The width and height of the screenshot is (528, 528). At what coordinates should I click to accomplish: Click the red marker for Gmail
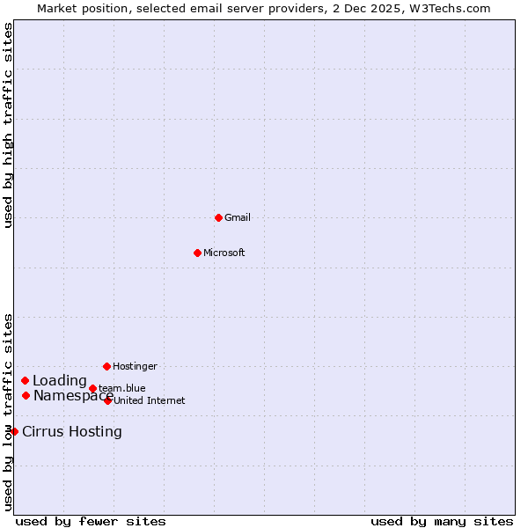point(218,217)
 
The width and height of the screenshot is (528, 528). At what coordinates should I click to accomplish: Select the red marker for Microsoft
point(197,253)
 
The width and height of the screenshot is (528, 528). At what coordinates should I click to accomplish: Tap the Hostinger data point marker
point(106,366)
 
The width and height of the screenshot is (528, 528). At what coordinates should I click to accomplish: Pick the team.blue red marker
point(92,388)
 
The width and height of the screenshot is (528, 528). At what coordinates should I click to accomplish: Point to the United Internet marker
point(107,400)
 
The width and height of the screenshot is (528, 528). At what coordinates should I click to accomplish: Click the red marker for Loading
point(26,381)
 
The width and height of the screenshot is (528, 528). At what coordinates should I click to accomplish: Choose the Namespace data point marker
point(26,396)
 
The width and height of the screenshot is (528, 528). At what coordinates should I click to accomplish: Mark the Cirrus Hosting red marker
point(14,432)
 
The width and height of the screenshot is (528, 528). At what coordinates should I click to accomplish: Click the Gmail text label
point(238,218)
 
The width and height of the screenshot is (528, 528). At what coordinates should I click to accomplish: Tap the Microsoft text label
point(224,253)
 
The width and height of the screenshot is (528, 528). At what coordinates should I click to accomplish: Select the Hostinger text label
point(135,367)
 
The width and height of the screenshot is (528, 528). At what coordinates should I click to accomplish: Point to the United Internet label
point(149,401)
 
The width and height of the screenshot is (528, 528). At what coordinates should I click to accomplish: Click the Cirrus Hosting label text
point(72,432)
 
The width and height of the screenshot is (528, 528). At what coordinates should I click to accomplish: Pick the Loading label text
point(60,381)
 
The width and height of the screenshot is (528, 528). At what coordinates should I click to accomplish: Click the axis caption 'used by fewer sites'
point(91,522)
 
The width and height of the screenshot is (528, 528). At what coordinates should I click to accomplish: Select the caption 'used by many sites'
point(442,522)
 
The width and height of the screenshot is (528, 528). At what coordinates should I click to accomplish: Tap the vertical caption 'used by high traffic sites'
point(8,125)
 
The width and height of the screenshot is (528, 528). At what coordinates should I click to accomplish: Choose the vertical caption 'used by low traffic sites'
point(8,411)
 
